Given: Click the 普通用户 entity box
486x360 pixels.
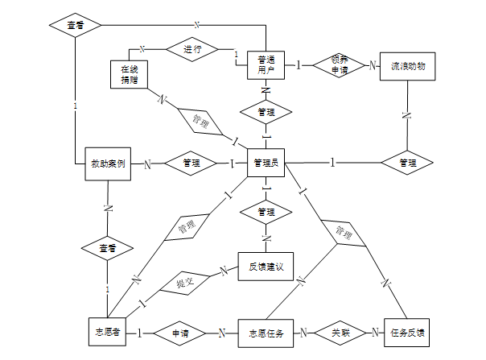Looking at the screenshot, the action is coord(266,65).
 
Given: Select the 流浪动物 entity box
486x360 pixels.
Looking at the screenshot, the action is coord(408,66).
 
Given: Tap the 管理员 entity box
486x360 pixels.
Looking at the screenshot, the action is coord(266,163).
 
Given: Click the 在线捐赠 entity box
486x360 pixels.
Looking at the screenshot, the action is coord(129,74).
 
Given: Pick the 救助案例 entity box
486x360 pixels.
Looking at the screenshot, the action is coord(108,163).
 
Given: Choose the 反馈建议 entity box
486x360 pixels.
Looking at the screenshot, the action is coord(266,267).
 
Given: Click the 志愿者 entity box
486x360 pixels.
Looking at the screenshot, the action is coord(107,332).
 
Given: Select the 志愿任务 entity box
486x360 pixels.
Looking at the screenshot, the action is coord(266,333).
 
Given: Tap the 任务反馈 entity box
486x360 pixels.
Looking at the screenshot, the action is coord(406,333).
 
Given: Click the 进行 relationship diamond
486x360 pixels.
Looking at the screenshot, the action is coord(192,49).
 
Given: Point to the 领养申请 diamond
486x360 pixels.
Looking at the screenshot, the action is coord(339,65).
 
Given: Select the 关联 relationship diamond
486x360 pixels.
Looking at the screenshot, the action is coord(340,333).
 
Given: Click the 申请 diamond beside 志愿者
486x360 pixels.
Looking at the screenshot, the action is coord(179,333).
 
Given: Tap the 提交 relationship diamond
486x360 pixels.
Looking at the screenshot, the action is coord(185,283).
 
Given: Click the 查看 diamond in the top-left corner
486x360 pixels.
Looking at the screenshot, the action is coord(76,25).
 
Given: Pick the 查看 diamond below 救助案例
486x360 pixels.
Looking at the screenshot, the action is coord(107,248).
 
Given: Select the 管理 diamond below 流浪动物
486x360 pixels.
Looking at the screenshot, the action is coord(407,163).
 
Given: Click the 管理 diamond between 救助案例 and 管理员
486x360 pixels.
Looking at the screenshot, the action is coord(191,163).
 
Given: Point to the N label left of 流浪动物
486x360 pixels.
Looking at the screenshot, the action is coord(373,65).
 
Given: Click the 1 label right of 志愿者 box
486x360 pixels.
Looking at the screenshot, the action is coord(139,333).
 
